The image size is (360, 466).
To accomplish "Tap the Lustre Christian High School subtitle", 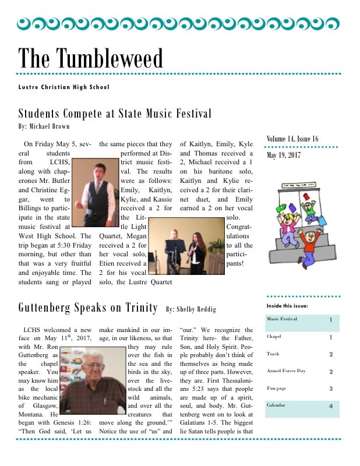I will point(63,87).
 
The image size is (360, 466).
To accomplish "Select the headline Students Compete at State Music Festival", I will point(115,113).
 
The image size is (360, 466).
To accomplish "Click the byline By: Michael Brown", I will point(44,126).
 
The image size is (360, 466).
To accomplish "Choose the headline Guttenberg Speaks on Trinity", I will point(87,307).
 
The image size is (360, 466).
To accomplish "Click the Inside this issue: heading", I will point(287,305).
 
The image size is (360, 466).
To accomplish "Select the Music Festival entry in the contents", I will point(282,319).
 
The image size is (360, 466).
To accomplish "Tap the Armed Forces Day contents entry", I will point(286,370).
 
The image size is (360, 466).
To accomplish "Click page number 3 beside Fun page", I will point(330,388).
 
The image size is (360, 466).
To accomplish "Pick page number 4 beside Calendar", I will point(330,405).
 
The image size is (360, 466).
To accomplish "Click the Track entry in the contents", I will point(273,354).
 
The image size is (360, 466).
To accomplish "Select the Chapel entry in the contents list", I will point(274,337).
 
